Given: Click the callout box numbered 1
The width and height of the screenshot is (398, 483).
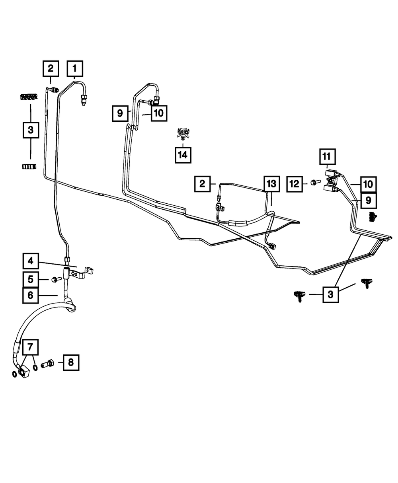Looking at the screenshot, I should click(74, 68).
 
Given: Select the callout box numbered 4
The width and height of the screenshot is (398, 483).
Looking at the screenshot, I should click(31, 261).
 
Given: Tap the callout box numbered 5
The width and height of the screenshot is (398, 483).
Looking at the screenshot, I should click(31, 280).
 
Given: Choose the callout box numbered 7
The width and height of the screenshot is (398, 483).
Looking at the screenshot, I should click(31, 347).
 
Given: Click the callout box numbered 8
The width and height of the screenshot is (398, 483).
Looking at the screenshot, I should click(71, 362).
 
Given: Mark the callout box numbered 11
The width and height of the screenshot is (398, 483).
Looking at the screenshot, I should click(327, 157).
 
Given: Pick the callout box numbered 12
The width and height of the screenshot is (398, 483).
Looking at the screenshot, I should click(295, 183).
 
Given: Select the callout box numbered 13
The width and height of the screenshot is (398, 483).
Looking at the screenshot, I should click(271, 184).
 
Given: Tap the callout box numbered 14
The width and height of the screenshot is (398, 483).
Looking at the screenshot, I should click(183, 155).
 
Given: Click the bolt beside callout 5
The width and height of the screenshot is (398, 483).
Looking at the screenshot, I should click(55, 280).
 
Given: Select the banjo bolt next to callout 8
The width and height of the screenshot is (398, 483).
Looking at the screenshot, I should click(48, 363).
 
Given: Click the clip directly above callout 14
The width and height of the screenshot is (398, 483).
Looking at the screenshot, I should click(183, 133).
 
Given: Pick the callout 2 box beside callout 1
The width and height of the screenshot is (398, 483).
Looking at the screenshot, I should click(51, 68).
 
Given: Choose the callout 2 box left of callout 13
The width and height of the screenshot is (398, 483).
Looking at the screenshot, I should click(203, 184).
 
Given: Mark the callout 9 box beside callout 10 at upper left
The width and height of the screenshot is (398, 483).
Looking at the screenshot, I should click(120, 113).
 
